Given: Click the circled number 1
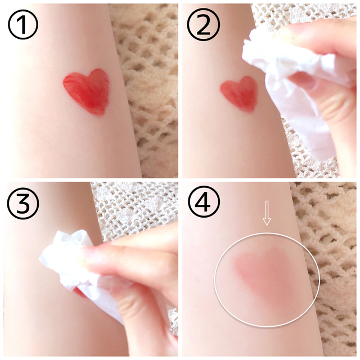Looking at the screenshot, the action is pos(23,24).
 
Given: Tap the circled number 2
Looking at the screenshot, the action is pos(204,25).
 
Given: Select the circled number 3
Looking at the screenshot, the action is pos(23,203).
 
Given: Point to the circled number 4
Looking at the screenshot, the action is pos(204,202).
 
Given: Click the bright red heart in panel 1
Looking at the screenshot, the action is pos(88,90).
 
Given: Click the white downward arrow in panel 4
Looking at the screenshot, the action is pos(267,213).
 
